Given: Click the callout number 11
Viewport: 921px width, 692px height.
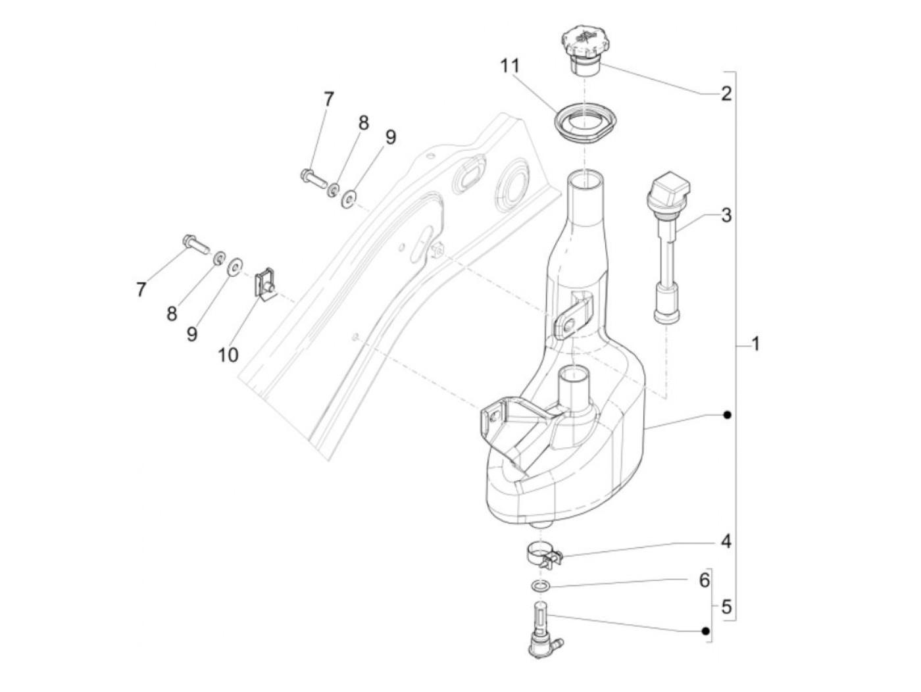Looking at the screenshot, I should pos(509,66).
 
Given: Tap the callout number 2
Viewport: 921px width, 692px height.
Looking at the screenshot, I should pos(726,93).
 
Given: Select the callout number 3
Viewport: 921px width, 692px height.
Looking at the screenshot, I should pos(726,215).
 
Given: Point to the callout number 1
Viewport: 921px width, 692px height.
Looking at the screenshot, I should pos(756,343).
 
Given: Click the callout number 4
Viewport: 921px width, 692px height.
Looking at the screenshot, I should pos(726,543).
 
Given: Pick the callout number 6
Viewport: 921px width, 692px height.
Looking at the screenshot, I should pos(703,580).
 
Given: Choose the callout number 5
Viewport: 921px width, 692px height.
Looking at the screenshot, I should pos(726,607).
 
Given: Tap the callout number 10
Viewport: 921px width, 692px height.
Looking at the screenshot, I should pos(228,355).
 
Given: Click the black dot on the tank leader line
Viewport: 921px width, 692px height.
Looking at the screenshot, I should pos(726,415).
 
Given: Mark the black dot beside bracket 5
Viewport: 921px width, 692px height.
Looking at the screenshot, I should pos(705,631).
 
